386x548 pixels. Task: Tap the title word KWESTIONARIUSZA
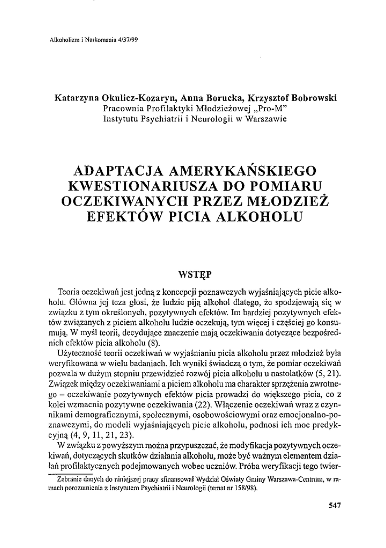click(154, 186)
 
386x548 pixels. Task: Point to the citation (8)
click(161, 344)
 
